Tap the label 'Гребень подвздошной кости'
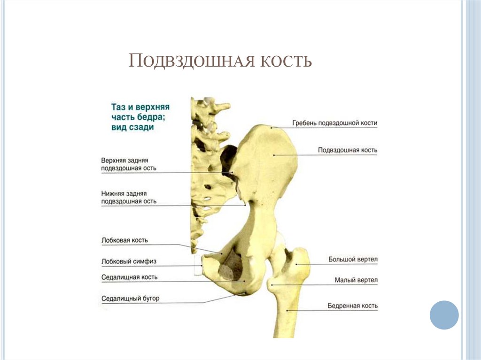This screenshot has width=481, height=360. [x=334, y=123]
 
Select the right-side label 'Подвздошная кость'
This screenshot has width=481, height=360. [x=348, y=150]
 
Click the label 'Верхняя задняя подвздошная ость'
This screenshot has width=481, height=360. [x=129, y=164]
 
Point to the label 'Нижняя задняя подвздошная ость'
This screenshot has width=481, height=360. [x=129, y=197]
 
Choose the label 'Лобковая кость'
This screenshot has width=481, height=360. [x=124, y=240]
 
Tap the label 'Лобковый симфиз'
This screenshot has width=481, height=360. [x=129, y=261]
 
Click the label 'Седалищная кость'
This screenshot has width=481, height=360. [x=129, y=277]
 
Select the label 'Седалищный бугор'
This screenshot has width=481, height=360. [x=130, y=299]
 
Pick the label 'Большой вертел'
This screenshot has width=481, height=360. [x=353, y=260]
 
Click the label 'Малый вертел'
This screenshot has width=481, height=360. [x=356, y=280]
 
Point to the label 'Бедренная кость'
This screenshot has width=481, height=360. [x=352, y=306]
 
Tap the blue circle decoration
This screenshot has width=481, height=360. [x=444, y=315]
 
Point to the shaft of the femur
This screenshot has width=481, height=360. [x=287, y=314]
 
